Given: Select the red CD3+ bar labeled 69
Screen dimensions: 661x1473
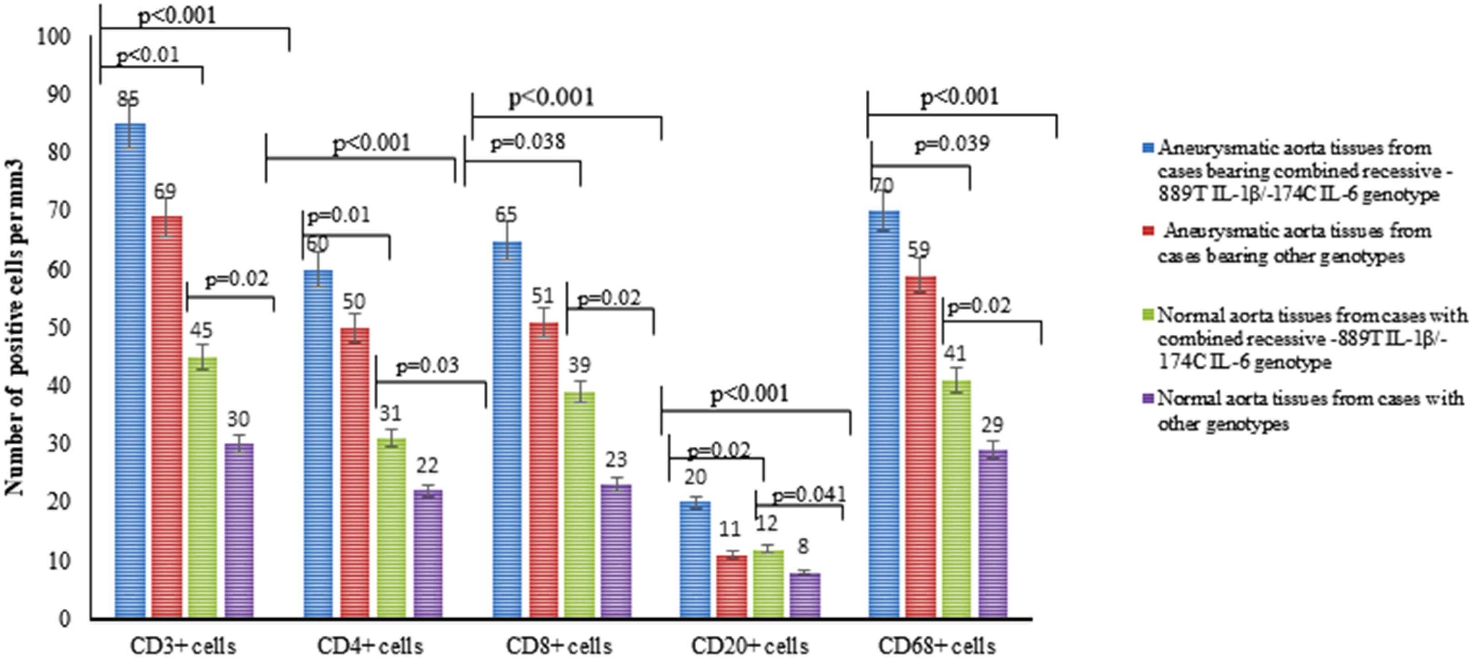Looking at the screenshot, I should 167,417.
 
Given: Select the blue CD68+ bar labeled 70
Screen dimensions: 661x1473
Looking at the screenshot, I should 884,415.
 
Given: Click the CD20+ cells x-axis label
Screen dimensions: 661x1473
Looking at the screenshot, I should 749,646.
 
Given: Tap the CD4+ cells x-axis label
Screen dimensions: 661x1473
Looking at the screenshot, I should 370,646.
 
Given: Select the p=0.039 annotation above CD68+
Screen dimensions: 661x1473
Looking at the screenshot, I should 952,144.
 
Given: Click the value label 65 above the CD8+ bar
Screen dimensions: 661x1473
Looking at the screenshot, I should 506,215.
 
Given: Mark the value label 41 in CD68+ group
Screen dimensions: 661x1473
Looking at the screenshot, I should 955,353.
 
